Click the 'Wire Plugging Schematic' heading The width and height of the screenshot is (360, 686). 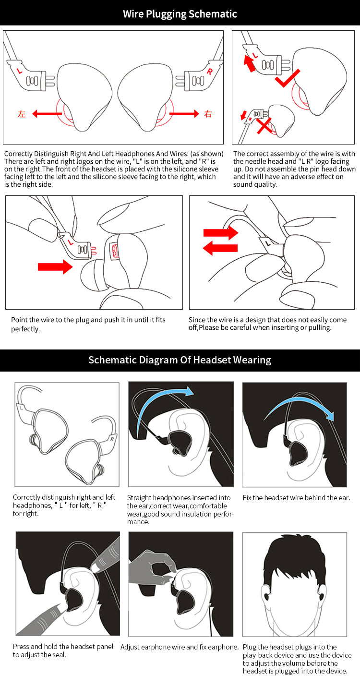pyautogui.click(x=180, y=14)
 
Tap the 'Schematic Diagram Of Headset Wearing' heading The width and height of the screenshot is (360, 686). pyautogui.click(x=180, y=360)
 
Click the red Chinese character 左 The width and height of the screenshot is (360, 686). pyautogui.click(x=22, y=114)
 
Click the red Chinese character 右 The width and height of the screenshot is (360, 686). pyautogui.click(x=208, y=114)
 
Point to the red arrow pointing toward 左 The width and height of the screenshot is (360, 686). pyautogui.click(x=47, y=114)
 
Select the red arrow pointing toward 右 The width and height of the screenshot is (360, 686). pyautogui.click(x=184, y=114)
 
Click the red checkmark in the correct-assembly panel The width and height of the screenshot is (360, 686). pyautogui.click(x=287, y=78)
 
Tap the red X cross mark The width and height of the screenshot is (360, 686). pyautogui.click(x=264, y=126)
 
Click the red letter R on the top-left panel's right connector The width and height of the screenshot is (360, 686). pyautogui.click(x=210, y=72)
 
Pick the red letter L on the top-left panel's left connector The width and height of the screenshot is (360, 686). pyautogui.click(x=20, y=71)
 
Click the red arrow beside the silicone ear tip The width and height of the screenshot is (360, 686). pyautogui.click(x=55, y=267)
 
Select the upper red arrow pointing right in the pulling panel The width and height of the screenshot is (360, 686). pyautogui.click(x=221, y=233)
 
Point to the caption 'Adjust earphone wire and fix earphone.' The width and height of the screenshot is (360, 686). pyautogui.click(x=180, y=647)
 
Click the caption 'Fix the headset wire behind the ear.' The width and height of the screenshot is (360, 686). pyautogui.click(x=296, y=498)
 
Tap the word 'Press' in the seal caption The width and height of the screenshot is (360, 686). pyautogui.click(x=21, y=647)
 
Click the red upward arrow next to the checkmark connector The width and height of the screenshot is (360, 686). pyautogui.click(x=250, y=63)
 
